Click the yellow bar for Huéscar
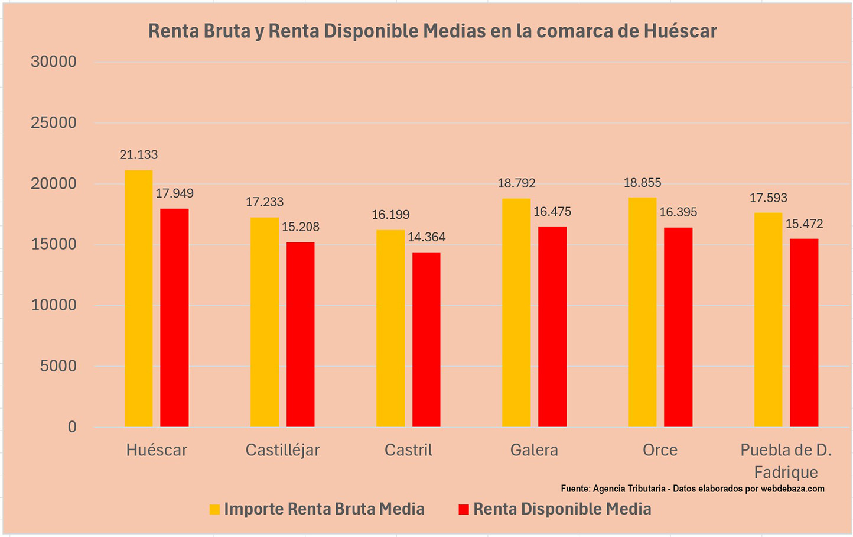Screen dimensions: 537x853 click(138, 299)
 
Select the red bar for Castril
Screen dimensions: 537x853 click(426, 339)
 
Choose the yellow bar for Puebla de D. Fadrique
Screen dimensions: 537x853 click(768, 319)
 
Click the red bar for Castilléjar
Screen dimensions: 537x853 click(300, 334)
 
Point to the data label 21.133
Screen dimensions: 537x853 click(138, 155)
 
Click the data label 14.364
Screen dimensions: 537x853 click(426, 237)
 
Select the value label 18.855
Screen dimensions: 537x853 click(642, 183)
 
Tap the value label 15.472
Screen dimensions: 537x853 click(804, 224)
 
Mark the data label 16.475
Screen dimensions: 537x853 click(552, 212)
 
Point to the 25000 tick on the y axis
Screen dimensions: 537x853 click(54, 122)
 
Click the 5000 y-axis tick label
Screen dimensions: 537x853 click(58, 366)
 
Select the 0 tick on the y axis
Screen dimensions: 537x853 click(72, 427)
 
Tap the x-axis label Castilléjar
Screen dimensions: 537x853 click(282, 450)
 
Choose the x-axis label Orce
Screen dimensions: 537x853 click(660, 450)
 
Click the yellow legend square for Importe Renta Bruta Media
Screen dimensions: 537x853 click(214, 509)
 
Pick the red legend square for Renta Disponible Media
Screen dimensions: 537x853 click(464, 509)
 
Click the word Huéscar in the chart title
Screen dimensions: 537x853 click(679, 31)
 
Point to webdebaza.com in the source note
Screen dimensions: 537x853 click(792, 489)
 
